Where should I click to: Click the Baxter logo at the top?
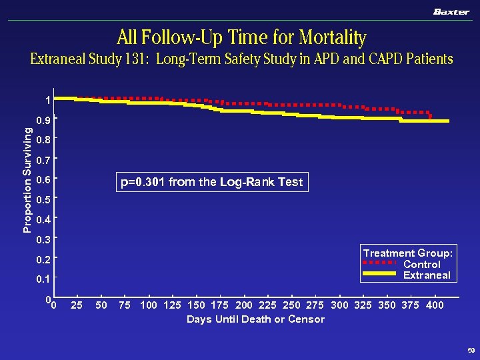pos(451,11)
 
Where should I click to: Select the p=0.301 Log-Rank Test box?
pos(211,182)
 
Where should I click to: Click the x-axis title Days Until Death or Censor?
pos(255,319)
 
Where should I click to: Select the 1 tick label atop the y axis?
pos(47,101)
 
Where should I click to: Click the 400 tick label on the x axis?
pos(435,305)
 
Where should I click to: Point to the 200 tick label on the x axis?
pos(244,305)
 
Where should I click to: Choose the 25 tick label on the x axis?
pos(77,305)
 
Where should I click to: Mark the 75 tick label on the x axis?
pos(124,305)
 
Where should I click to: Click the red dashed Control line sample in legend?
pos(381,264)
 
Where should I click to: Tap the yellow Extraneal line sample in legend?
pos(381,275)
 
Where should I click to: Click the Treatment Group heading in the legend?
pos(408,253)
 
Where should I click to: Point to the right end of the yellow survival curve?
pos(447,121)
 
